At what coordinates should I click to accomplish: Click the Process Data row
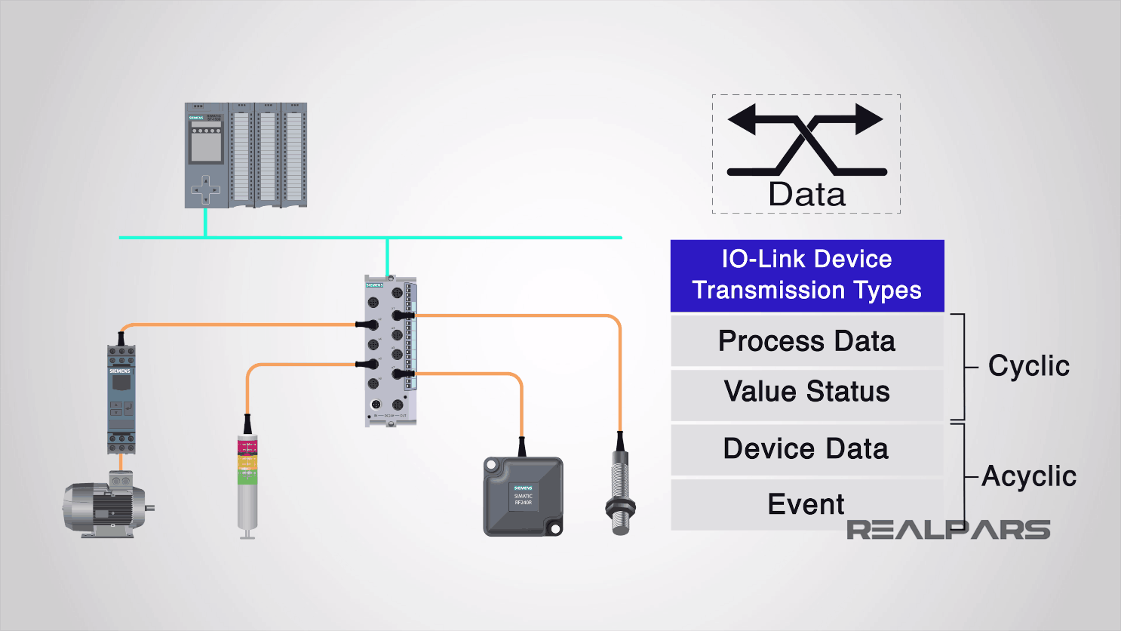(806, 341)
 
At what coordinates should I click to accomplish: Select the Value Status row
(806, 392)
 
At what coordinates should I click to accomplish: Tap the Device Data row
(806, 449)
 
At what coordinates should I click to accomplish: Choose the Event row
(806, 504)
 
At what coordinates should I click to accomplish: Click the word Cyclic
(1028, 366)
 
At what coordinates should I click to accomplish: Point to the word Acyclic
(1028, 476)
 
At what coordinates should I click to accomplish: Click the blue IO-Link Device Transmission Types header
(806, 275)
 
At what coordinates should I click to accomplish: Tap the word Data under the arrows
(806, 195)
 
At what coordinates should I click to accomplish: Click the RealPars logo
(947, 530)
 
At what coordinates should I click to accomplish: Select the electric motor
(106, 505)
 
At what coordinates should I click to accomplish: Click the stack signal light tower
(247, 483)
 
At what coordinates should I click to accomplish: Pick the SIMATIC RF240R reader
(523, 497)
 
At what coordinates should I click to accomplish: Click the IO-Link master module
(390, 351)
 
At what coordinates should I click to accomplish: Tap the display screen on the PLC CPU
(205, 147)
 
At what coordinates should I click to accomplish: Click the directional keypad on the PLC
(205, 189)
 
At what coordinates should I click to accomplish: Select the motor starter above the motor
(121, 399)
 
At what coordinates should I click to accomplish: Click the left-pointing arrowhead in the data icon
(742, 119)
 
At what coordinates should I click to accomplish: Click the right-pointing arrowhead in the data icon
(869, 119)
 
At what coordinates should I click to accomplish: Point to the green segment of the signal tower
(247, 477)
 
